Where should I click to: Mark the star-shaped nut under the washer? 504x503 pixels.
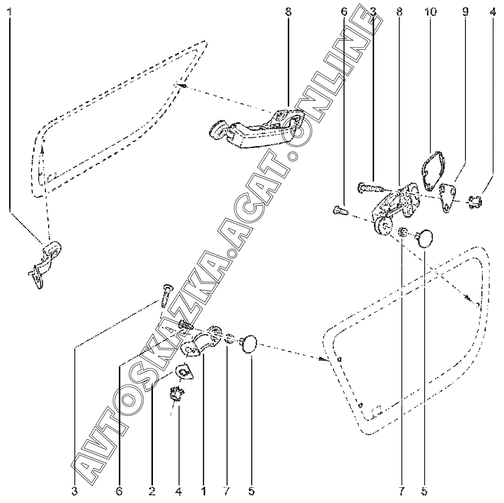point(176,395)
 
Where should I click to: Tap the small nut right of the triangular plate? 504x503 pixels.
point(475,203)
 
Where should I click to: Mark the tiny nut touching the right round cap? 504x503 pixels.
point(402,233)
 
